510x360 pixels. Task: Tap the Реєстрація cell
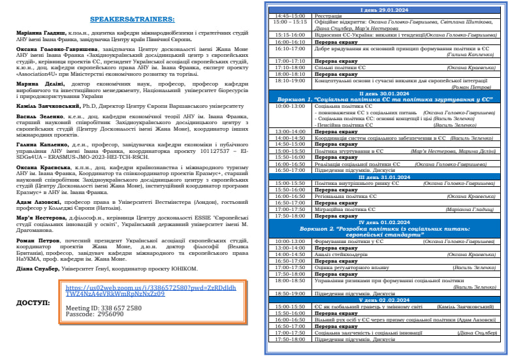click(329, 14)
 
